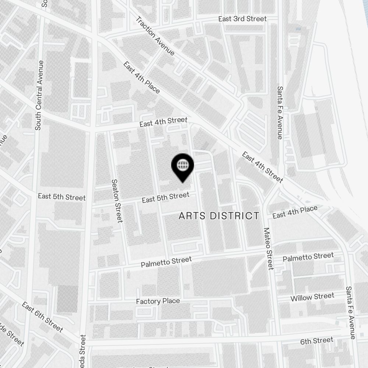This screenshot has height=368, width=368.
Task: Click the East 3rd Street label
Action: tap(242, 19)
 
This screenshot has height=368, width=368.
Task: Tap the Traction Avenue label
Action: tap(155, 36)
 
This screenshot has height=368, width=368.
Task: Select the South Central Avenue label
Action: tap(39, 95)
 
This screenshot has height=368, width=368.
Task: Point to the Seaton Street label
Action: tap(117, 201)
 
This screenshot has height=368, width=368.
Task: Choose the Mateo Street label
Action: tap(268, 248)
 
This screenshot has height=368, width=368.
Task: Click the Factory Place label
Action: tap(158, 301)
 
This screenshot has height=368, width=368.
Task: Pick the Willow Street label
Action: tap(312, 297)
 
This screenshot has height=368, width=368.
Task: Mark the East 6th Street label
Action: tap(42, 317)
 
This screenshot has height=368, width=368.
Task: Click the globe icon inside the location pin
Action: tap(183, 164)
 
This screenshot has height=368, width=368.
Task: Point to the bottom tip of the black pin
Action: tap(183, 182)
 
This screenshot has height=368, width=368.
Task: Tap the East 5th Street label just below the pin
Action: tap(165, 197)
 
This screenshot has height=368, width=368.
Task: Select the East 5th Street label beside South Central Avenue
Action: tap(61, 197)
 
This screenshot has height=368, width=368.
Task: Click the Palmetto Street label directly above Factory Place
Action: tap(166, 262)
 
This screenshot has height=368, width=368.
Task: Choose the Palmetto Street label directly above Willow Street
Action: tap(308, 257)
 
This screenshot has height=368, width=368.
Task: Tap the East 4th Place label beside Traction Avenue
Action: tap(142, 78)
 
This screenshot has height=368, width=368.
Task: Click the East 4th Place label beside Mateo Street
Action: tap(295, 212)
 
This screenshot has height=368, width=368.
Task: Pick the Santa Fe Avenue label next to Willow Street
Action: tap(351, 313)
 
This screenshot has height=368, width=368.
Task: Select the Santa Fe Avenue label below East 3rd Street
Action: tap(280, 113)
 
